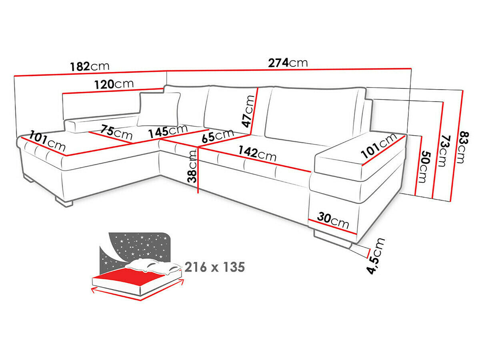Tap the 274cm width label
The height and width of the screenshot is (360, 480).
(288, 63)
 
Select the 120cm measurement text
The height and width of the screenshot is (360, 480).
(114, 84)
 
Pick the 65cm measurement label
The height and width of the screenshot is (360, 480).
(218, 136)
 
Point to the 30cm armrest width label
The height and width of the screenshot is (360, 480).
(333, 220)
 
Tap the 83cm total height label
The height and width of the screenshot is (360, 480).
(461, 148)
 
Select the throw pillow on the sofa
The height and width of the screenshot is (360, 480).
(159, 109)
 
